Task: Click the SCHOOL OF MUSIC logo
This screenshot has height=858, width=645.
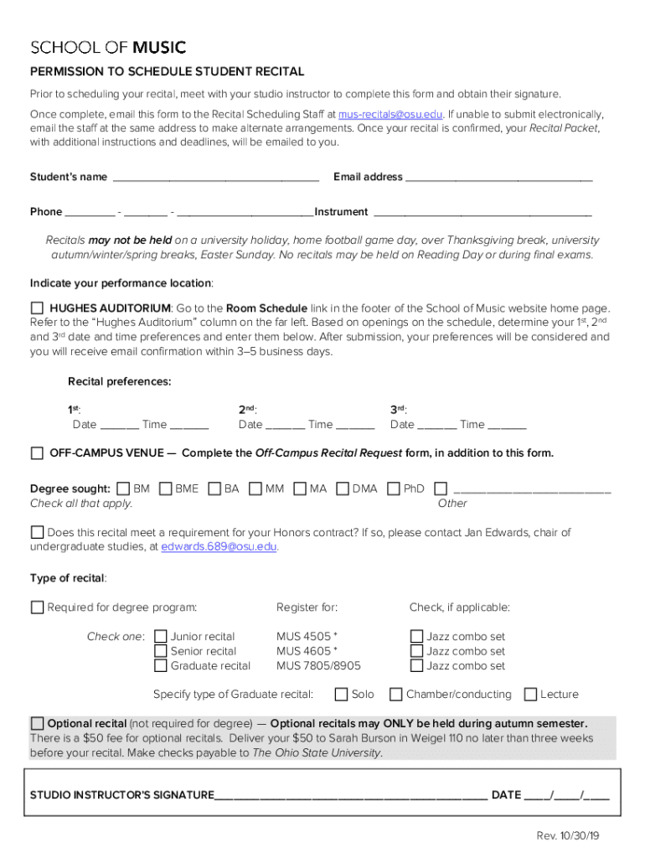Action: point(108,47)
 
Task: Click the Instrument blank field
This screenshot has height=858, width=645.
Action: point(482,213)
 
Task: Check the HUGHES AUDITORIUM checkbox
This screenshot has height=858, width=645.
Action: point(37,308)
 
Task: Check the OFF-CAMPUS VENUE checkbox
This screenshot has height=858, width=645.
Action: point(37,453)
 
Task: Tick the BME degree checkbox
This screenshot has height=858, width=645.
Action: point(165,488)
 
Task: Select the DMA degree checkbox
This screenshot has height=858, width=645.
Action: point(342,488)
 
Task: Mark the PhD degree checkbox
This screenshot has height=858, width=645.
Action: point(394,488)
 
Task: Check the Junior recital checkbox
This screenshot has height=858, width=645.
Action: point(161,637)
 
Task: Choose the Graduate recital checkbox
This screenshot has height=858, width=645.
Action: point(161,666)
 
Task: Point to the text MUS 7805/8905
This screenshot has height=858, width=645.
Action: point(318,666)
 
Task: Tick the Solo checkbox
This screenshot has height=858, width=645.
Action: point(341,695)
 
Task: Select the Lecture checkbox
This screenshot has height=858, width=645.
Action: point(530,695)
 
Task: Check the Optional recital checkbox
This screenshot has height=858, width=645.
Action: point(37,723)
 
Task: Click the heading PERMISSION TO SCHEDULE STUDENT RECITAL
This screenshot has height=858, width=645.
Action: point(168,72)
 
